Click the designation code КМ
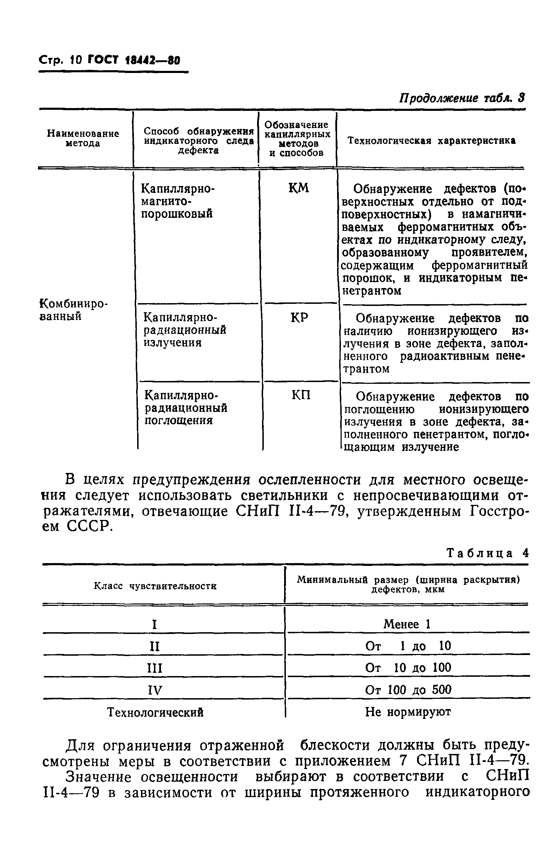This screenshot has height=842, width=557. (299, 188)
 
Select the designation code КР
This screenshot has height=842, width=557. (300, 318)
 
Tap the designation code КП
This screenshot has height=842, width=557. (301, 395)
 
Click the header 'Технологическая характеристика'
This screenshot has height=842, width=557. (431, 141)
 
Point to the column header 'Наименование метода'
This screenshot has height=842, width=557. (83, 139)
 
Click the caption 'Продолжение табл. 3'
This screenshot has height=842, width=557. (462, 98)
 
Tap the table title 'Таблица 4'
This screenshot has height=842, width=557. (488, 553)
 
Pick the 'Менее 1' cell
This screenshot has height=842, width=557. (407, 624)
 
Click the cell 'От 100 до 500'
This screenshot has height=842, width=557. (408, 690)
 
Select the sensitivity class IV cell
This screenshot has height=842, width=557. (155, 690)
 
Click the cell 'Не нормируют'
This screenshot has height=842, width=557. (408, 711)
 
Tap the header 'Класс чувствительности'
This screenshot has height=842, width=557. (155, 586)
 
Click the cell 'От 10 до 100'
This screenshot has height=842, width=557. (408, 668)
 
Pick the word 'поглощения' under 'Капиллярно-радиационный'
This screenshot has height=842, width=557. (179, 421)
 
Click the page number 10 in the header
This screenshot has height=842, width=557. (76, 60)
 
